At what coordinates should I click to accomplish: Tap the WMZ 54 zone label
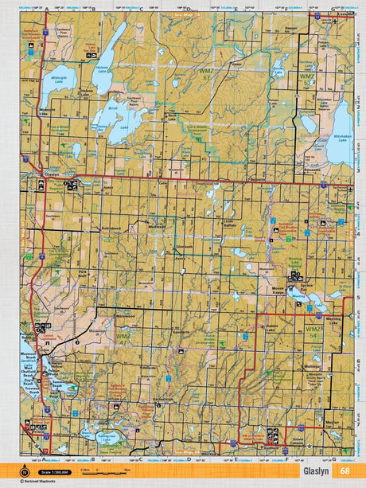[x=306, y=76]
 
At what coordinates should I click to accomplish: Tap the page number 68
[x=344, y=470]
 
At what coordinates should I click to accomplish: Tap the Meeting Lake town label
[x=333, y=318]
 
